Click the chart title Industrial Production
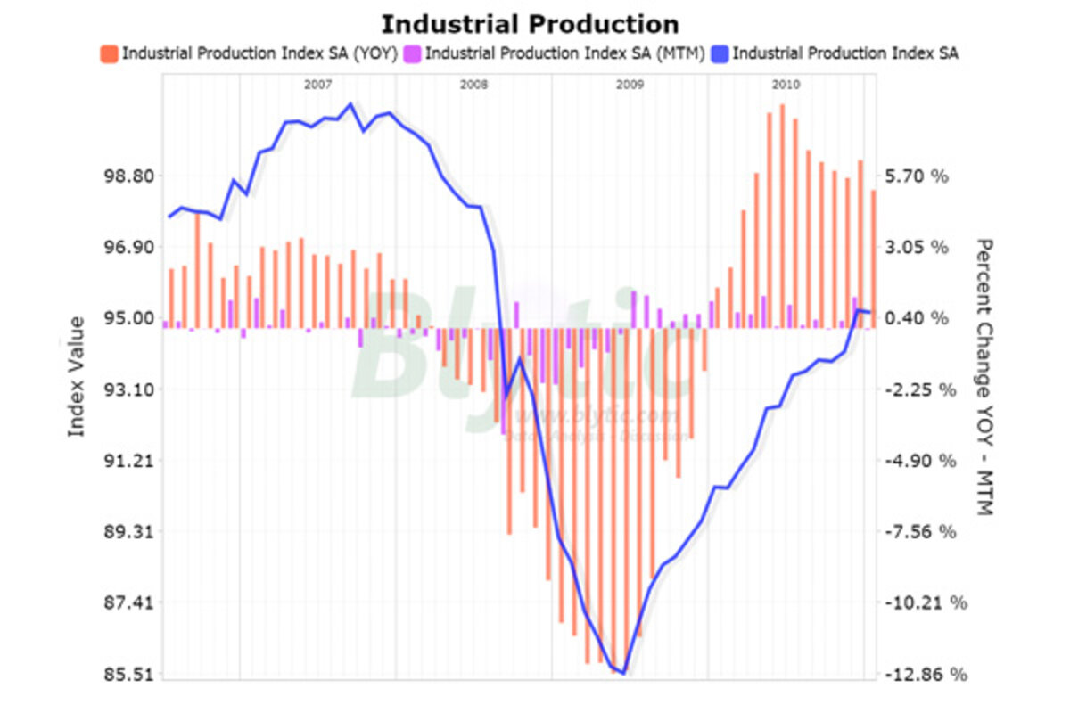click(x=530, y=24)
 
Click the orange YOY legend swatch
click(x=109, y=53)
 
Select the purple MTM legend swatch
click(x=412, y=53)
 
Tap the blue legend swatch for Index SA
click(x=720, y=53)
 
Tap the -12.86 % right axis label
click(x=926, y=675)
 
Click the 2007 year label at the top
click(x=318, y=85)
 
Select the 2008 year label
click(x=474, y=85)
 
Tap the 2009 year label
click(x=630, y=85)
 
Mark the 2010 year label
click(x=786, y=85)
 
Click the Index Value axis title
click(x=77, y=376)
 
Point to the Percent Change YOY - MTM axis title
click(x=984, y=376)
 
